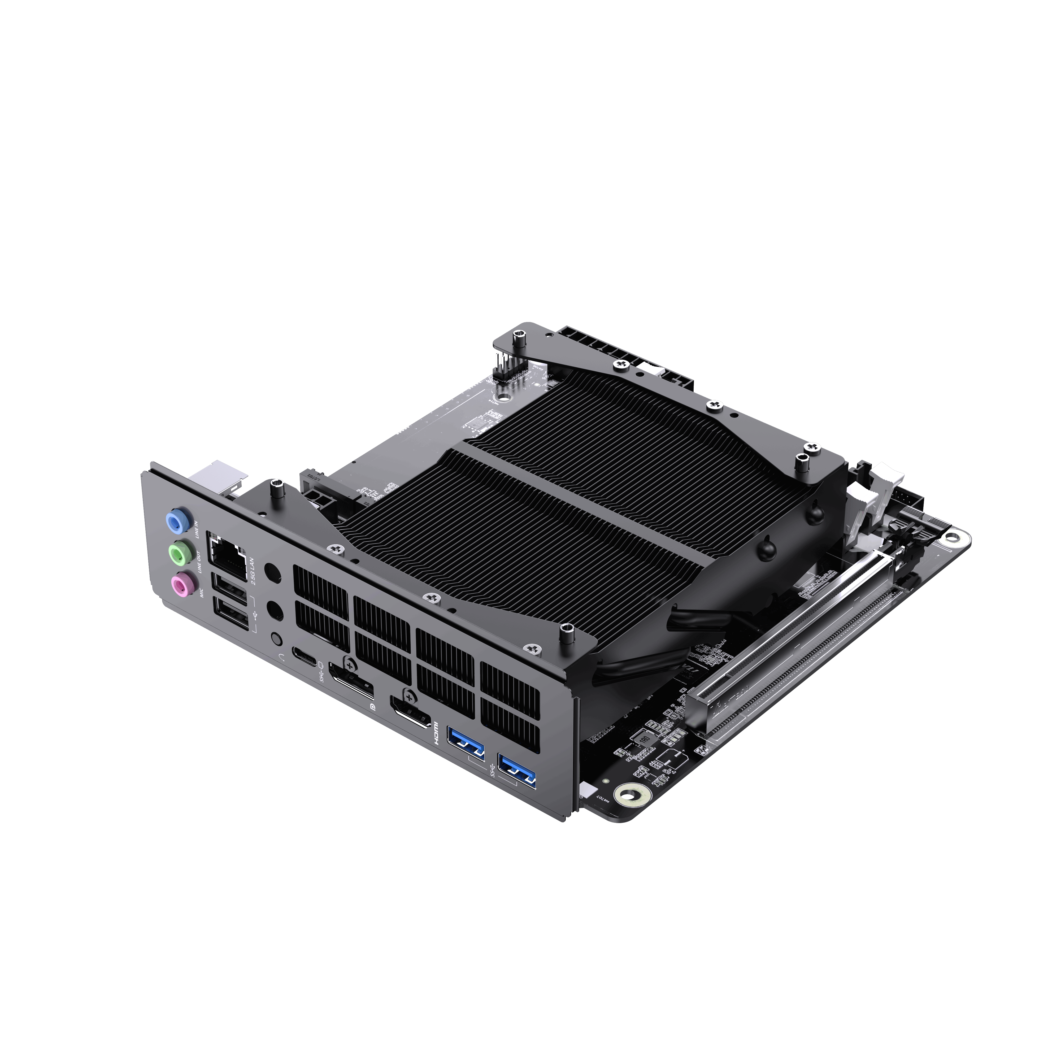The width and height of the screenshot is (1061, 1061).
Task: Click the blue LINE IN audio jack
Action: [176, 521]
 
